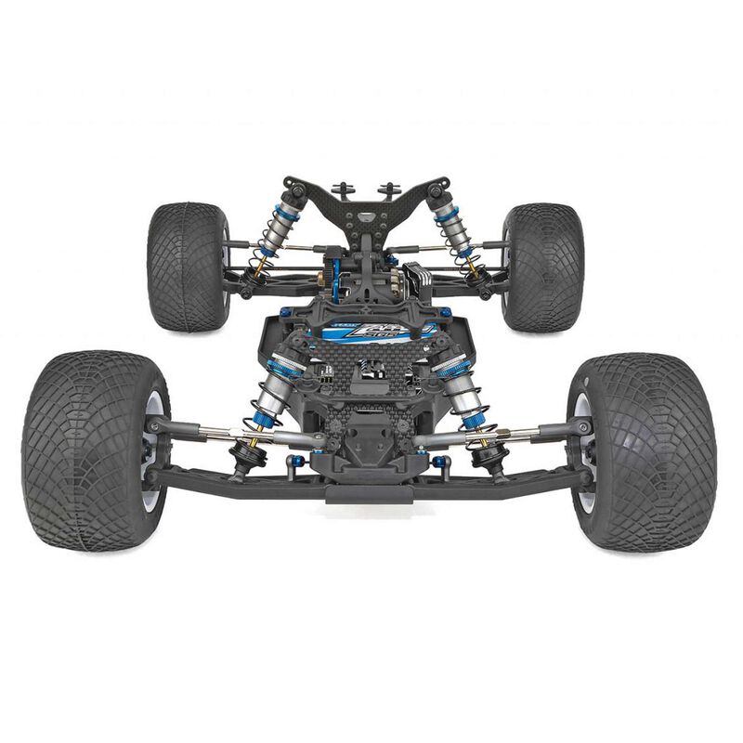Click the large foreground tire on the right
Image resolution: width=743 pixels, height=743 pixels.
[650, 450]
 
